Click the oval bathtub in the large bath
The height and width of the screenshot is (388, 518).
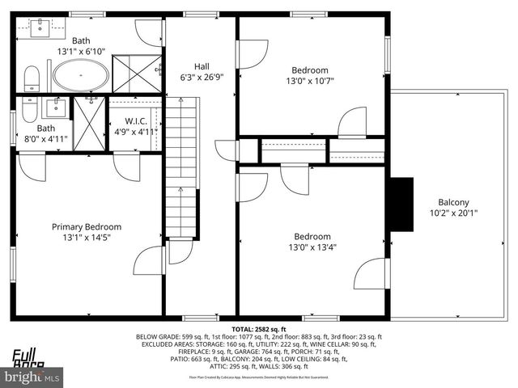(x=82, y=78)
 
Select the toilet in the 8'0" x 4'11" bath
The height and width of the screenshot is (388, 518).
(x=29, y=108)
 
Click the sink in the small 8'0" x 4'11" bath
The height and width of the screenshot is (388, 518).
(x=55, y=108)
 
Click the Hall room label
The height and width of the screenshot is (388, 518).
(x=202, y=66)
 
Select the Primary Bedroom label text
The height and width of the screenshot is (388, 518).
(x=87, y=227)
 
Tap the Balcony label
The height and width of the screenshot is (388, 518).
(x=453, y=202)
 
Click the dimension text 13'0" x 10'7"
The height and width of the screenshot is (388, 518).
(x=310, y=81)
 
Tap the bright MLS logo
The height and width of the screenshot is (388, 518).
(x=32, y=376)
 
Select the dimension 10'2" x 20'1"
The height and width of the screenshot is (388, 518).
(x=453, y=213)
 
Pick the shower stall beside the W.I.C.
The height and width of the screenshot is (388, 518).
(x=90, y=123)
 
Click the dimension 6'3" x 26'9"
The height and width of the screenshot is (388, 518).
(x=202, y=78)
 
